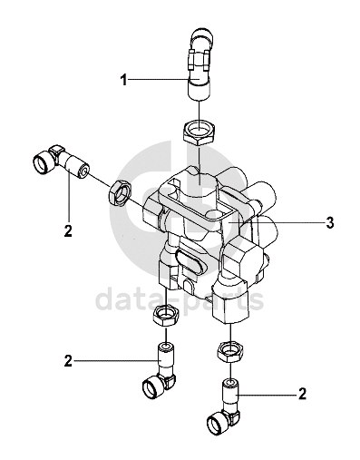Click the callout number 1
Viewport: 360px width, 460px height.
point(123,80)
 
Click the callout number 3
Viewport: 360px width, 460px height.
point(330,222)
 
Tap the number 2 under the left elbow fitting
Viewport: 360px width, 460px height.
point(69,231)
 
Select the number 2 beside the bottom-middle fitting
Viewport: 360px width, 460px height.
point(69,361)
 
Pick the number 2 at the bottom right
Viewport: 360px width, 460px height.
point(302,394)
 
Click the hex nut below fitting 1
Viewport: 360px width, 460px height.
point(199,133)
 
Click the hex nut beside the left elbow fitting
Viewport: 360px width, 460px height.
point(119,193)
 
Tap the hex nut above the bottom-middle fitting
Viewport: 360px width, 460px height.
point(166,315)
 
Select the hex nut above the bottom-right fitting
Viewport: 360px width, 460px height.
point(230,352)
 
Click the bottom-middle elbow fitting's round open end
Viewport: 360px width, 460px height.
point(153,388)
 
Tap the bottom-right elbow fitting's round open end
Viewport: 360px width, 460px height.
point(218,422)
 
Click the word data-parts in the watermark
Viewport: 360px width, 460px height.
point(180,300)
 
